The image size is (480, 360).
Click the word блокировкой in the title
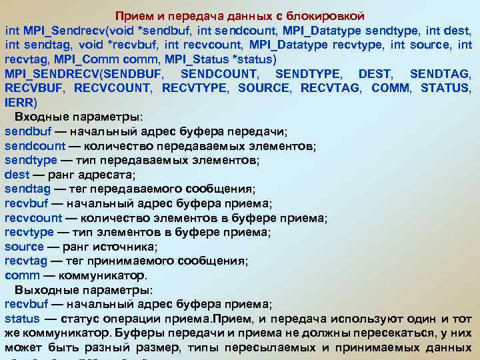335,15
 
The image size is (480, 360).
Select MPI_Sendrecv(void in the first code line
79,30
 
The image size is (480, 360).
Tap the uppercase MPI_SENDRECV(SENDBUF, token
85,73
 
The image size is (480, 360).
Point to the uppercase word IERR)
21,103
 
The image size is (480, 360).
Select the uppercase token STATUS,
447,88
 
